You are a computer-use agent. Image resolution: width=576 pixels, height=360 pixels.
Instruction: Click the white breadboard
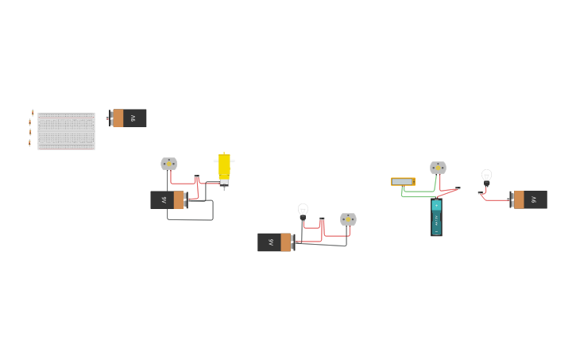click(x=66, y=131)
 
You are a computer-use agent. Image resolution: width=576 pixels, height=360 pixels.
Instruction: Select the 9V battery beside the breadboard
click(x=128, y=118)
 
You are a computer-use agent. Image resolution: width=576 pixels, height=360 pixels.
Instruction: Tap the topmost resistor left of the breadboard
click(x=33, y=113)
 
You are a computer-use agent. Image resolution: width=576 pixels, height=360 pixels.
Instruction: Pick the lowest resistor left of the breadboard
click(x=30, y=143)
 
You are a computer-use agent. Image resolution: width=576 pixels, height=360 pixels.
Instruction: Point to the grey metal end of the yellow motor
click(x=224, y=183)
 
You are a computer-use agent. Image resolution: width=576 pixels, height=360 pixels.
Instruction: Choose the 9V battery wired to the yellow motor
click(x=168, y=199)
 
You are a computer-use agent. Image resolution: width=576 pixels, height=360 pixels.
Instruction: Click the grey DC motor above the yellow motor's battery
click(x=168, y=164)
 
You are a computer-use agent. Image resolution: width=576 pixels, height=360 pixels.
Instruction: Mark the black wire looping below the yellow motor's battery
click(x=190, y=219)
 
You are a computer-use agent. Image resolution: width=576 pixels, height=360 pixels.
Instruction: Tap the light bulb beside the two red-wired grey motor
click(x=303, y=210)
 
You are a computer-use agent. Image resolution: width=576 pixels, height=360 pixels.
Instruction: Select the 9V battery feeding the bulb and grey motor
click(x=275, y=242)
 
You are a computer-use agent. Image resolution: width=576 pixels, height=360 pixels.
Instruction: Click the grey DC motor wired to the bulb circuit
click(x=348, y=219)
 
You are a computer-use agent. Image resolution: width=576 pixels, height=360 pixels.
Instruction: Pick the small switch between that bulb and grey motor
click(x=322, y=219)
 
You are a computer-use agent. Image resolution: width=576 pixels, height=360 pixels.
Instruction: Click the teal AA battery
click(x=436, y=218)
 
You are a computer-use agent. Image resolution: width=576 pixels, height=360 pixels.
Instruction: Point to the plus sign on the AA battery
click(x=436, y=204)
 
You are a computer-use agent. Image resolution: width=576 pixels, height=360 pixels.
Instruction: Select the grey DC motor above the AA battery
click(x=438, y=168)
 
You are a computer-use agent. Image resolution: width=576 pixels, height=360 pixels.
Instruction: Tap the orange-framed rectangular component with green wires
click(x=403, y=181)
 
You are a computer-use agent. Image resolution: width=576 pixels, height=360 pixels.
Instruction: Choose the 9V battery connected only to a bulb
click(x=529, y=199)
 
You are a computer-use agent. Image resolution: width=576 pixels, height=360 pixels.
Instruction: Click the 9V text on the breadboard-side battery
click(x=133, y=118)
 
